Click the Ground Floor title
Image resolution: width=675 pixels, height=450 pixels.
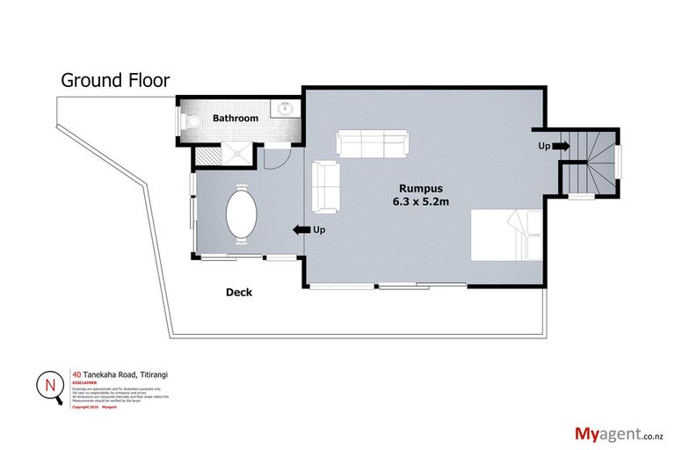pyautogui.click(x=114, y=80)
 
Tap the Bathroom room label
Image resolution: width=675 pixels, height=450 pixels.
pyautogui.click(x=236, y=118)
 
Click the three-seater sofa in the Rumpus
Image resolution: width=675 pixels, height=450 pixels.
pyautogui.click(x=372, y=144)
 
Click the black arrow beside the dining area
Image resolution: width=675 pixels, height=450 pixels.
pyautogui.click(x=300, y=229)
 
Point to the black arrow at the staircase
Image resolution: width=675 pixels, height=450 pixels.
pyautogui.click(x=561, y=146)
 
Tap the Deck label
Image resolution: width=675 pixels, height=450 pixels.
pyautogui.click(x=238, y=293)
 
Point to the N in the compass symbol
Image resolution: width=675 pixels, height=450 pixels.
pyautogui.click(x=47, y=384)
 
